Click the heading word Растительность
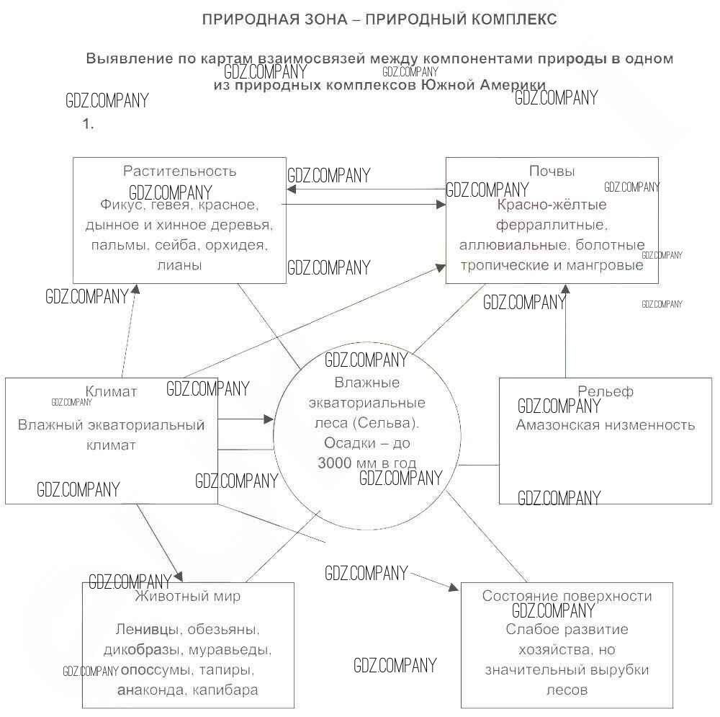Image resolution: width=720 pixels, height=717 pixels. pyautogui.click(x=179, y=172)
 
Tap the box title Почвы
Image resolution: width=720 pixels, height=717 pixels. pyautogui.click(x=552, y=172)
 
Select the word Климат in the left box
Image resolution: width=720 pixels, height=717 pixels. pyautogui.click(x=111, y=392)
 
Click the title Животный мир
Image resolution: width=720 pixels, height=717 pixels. pyautogui.click(x=188, y=597)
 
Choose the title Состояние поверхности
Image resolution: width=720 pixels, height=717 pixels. pyautogui.click(x=567, y=596)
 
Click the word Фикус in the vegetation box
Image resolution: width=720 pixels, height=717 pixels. pyautogui.click(x=120, y=205)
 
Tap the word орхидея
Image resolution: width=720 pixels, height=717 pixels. pyautogui.click(x=240, y=245)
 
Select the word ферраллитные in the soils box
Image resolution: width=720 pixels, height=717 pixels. pyautogui.click(x=552, y=225)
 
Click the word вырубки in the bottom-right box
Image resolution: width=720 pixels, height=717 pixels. pyautogui.click(x=618, y=669)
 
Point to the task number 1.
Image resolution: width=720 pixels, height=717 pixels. pyautogui.click(x=88, y=124)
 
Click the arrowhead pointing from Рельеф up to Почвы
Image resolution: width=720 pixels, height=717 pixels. pyautogui.click(x=565, y=288)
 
